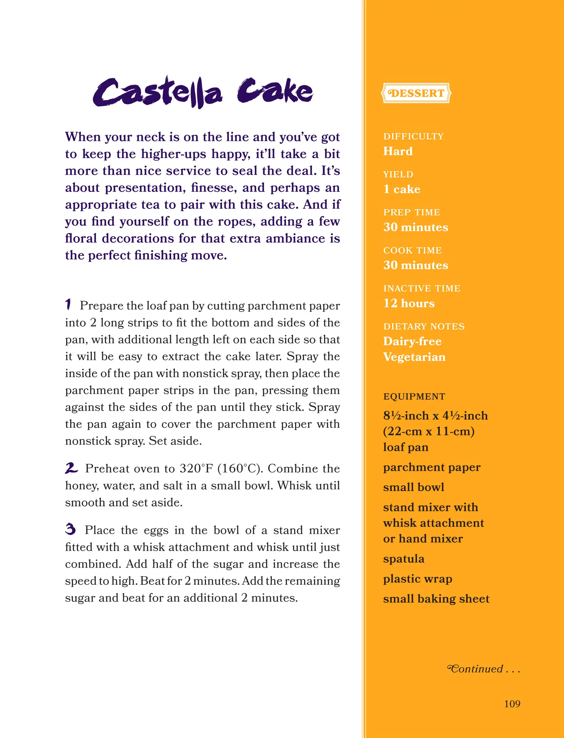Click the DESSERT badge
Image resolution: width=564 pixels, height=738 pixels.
point(416,93)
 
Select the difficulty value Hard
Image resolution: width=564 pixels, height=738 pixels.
point(398,151)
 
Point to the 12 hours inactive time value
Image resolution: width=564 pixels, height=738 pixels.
point(409,303)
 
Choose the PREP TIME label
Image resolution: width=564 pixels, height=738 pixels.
point(411,212)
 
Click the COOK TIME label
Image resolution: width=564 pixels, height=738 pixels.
point(412,250)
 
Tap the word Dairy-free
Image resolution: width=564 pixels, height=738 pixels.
point(412,341)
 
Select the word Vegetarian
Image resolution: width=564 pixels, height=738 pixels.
point(414,357)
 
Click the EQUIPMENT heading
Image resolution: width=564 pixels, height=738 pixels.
point(414,396)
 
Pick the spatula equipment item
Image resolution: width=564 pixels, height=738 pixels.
point(403,559)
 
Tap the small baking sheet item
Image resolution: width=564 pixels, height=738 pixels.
point(436,599)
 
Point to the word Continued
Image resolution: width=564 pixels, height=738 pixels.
point(476,669)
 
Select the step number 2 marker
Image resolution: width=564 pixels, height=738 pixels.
point(71,468)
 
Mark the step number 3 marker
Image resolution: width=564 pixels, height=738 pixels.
point(71,529)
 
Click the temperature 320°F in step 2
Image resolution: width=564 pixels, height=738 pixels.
point(196,468)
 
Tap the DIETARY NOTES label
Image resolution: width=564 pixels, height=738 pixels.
point(424,326)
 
